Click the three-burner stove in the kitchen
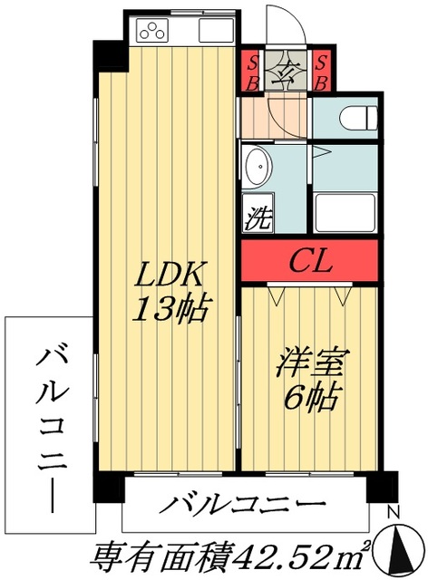(152, 30)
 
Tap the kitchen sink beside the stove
(216, 30)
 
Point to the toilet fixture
(358, 118)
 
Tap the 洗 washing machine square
(258, 213)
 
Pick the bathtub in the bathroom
(345, 212)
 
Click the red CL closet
(309, 260)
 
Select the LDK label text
(169, 274)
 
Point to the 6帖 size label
(310, 397)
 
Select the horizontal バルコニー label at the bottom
(242, 504)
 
